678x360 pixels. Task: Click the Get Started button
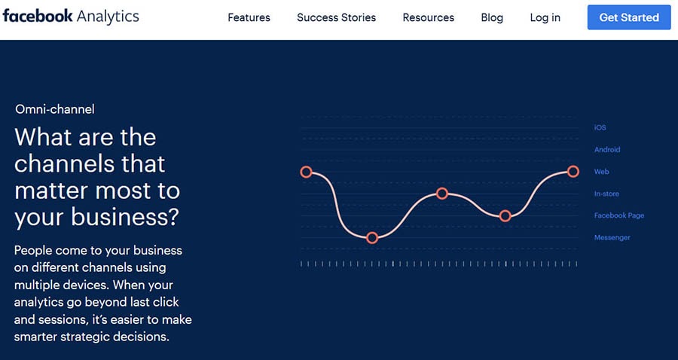(629, 17)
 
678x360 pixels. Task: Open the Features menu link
(249, 18)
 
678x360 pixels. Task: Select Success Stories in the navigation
(337, 18)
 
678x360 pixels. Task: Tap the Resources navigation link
(429, 18)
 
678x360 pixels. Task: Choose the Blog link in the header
(492, 18)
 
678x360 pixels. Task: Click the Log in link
(545, 18)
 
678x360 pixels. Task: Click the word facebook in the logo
(38, 16)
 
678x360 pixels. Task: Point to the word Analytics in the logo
(108, 17)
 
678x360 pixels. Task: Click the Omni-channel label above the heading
(55, 109)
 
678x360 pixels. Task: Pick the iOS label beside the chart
(600, 127)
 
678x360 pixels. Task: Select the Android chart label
(607, 150)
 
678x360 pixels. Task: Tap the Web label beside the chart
(601, 172)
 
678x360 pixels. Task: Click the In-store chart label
(606, 194)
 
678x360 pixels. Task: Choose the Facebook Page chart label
(619, 215)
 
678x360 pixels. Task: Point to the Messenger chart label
(612, 237)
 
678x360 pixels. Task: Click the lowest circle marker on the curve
(372, 238)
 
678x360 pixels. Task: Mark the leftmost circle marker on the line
(306, 172)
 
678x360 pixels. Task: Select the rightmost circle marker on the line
(573, 172)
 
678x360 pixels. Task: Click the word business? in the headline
(124, 217)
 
